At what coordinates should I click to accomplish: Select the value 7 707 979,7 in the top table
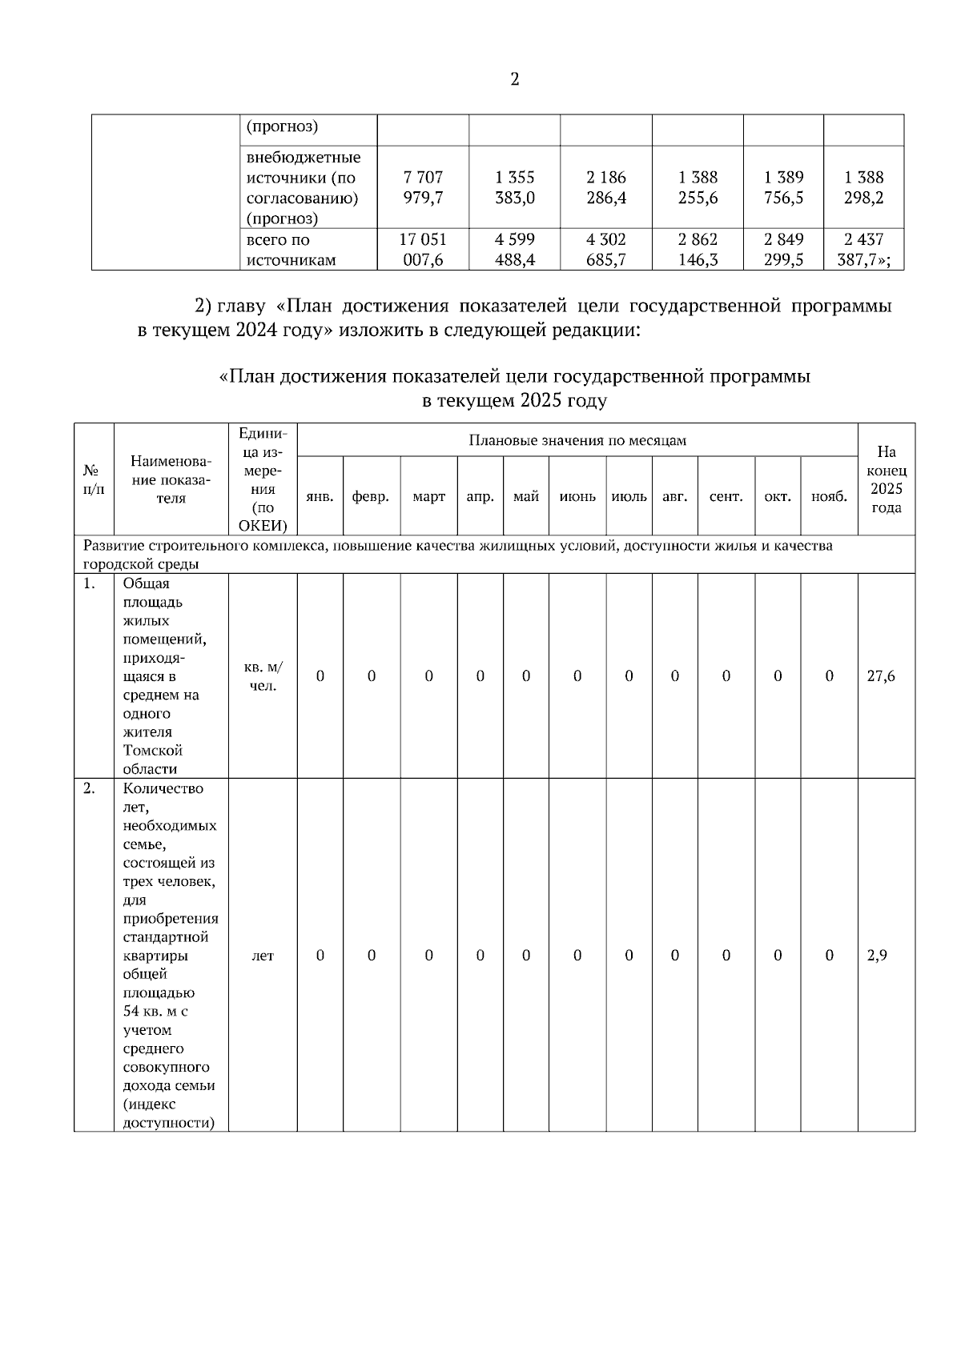tap(424, 187)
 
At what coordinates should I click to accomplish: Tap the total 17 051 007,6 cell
tap(424, 250)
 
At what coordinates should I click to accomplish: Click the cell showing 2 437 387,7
tap(863, 250)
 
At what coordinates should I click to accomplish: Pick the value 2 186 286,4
tap(606, 187)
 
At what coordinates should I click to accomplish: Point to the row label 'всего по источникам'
tap(292, 250)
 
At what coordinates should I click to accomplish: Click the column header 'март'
tap(428, 496)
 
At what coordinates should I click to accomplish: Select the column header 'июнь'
tap(577, 496)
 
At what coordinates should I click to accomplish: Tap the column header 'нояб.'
tap(829, 496)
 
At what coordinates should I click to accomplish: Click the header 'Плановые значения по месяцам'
tap(577, 440)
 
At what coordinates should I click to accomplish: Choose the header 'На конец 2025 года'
tap(886, 479)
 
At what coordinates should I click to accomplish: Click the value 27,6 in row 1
tap(881, 675)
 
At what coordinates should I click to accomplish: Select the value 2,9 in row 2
tap(878, 955)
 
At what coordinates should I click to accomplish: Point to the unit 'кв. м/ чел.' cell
tap(263, 676)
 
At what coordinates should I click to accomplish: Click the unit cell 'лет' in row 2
tap(263, 955)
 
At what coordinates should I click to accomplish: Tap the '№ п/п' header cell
tap(94, 479)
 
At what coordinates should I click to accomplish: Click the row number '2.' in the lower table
tap(90, 788)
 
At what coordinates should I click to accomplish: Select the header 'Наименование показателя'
tap(171, 479)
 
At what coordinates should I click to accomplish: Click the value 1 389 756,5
tap(783, 187)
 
